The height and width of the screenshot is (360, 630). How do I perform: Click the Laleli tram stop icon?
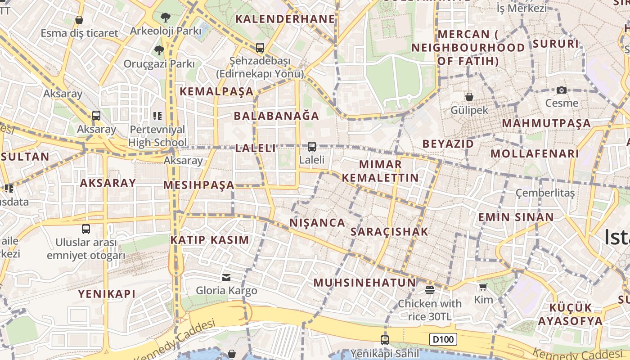click(311, 147)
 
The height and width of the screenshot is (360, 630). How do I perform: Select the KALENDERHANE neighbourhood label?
click(285, 19)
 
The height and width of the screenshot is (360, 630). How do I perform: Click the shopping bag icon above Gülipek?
click(469, 97)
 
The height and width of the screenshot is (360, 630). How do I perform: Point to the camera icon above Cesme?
click(561, 90)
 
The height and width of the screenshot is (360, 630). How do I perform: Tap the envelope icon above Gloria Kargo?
click(226, 277)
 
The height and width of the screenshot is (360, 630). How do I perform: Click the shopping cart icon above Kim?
click(483, 287)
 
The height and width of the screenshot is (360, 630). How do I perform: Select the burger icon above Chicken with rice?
click(429, 290)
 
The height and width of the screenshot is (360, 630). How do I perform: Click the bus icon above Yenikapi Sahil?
click(384, 340)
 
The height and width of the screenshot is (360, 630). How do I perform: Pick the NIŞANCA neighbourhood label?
click(317, 223)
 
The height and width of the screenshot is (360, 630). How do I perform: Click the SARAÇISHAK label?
click(389, 232)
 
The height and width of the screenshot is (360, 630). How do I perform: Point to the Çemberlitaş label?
click(545, 193)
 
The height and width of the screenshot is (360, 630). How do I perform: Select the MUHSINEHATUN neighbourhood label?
click(364, 283)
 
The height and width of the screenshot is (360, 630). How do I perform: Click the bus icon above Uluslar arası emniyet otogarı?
click(86, 229)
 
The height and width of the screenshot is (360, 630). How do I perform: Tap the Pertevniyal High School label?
click(157, 136)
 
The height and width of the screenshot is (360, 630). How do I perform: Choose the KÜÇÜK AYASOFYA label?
click(570, 314)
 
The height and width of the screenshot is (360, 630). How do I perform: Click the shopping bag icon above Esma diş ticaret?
click(79, 20)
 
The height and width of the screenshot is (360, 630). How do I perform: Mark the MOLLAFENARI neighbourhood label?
click(534, 153)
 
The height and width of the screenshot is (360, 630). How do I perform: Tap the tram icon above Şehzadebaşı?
click(260, 47)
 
